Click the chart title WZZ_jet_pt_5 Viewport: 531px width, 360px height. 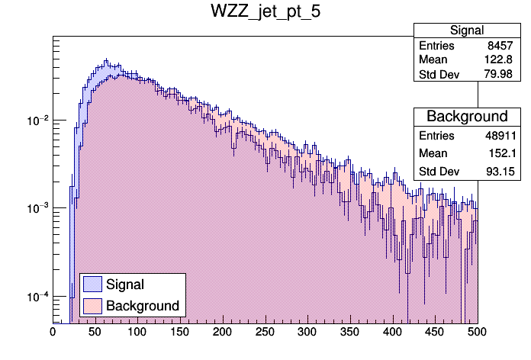coord(265,13)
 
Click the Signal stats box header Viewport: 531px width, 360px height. coord(467,31)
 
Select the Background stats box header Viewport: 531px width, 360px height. coord(467,117)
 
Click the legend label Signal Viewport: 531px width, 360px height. coord(125,284)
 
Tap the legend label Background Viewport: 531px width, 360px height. coord(143,306)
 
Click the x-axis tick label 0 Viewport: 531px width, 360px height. coord(53,333)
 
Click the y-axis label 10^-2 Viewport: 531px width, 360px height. coord(37,121)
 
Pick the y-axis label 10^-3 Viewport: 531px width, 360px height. coord(37,208)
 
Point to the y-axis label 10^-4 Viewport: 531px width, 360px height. coord(37,296)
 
